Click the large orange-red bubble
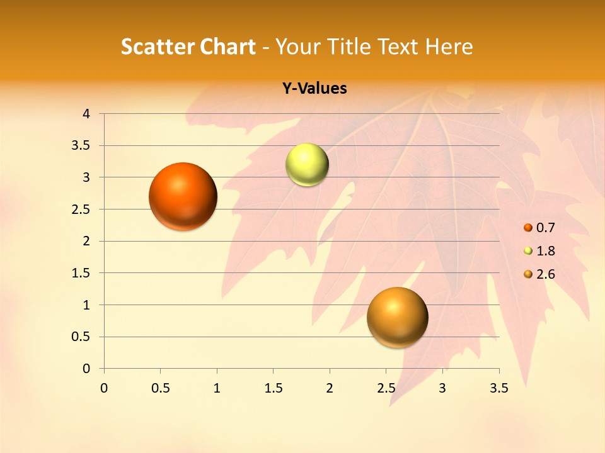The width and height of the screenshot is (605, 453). click(183, 196)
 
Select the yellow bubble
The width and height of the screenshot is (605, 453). click(307, 165)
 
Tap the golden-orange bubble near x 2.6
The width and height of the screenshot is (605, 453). click(397, 317)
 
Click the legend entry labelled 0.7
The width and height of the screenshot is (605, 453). click(545, 228)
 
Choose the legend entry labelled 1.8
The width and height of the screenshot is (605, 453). click(545, 251)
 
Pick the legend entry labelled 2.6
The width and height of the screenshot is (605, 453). click(545, 274)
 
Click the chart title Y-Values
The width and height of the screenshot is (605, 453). click(314, 89)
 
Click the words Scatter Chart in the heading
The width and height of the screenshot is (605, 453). click(188, 47)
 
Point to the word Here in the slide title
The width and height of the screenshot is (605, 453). click(449, 47)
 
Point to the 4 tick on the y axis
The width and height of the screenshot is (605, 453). click(86, 114)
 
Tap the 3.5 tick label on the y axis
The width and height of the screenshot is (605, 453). click(81, 145)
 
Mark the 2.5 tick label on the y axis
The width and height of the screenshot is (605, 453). click(81, 210)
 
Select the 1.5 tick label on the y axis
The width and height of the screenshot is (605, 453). click(81, 273)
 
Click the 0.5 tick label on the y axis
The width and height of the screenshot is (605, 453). click(81, 337)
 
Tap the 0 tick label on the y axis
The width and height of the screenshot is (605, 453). click(86, 369)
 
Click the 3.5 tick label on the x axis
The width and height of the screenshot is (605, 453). click(498, 388)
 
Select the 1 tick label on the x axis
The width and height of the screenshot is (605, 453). click(217, 388)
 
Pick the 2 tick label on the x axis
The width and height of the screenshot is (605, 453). click(330, 388)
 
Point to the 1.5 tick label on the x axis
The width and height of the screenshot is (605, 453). click(273, 388)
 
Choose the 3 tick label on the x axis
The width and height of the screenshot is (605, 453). click(442, 388)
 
